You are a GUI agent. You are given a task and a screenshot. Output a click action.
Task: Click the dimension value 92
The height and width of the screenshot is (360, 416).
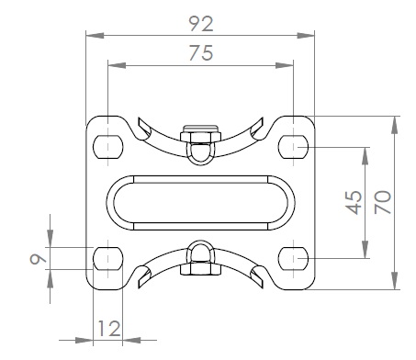pyautogui.click(x=201, y=24)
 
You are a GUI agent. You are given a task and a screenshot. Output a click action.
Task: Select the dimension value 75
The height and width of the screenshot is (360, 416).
pyautogui.click(x=201, y=52)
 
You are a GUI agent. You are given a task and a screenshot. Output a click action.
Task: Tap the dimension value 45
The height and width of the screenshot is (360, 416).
pyautogui.click(x=354, y=203)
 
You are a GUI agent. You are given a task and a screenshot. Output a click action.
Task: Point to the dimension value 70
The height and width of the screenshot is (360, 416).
pyautogui.click(x=383, y=202)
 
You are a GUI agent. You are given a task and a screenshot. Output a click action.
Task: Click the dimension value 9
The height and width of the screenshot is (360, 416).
pyautogui.click(x=38, y=259)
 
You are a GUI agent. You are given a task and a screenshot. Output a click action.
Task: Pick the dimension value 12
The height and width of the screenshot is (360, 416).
pyautogui.click(x=109, y=329)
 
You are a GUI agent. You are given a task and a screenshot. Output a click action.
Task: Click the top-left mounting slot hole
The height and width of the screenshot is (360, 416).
pyautogui.click(x=107, y=147)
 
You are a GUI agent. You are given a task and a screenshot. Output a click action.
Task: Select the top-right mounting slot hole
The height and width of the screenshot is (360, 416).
pyautogui.click(x=294, y=147)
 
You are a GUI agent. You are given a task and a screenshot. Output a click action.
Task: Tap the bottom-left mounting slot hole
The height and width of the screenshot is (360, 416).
pyautogui.click(x=107, y=258)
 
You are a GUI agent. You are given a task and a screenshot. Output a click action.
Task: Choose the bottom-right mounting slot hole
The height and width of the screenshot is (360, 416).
pyautogui.click(x=294, y=258)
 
